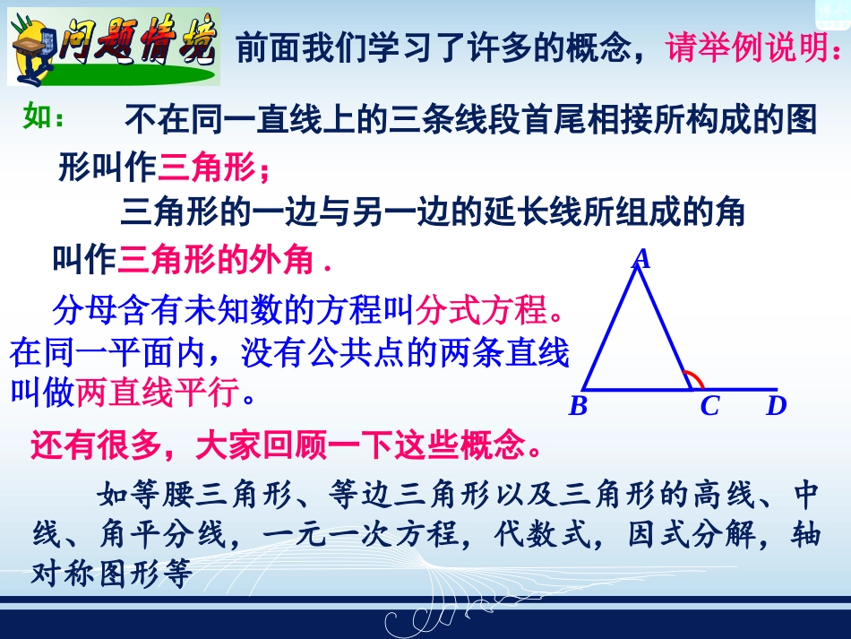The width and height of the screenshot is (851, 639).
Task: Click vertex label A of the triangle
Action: (640, 259)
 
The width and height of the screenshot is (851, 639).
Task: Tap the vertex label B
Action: (579, 407)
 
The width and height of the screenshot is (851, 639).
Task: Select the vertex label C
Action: (709, 407)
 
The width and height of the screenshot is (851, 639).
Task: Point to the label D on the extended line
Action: (776, 407)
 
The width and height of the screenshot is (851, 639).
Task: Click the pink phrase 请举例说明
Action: (752, 47)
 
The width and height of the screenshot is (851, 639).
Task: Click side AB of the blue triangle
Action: (610, 327)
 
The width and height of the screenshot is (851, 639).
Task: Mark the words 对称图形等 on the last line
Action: (112, 574)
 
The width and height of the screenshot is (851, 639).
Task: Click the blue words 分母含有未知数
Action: (170, 311)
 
